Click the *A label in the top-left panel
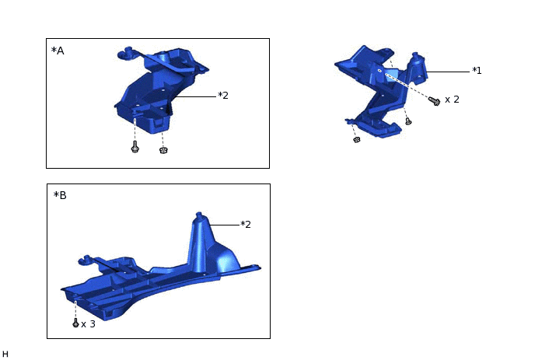58,51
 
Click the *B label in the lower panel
60,195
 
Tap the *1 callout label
477,71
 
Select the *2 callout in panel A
222,96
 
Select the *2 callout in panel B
245,225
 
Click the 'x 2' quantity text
452,100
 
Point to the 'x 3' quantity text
88,323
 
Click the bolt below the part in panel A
135,146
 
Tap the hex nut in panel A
163,149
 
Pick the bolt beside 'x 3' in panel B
75,323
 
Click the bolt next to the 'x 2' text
435,101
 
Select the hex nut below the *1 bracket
356,141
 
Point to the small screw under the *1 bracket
408,121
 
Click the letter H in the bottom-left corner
5,355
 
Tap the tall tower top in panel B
199,217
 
